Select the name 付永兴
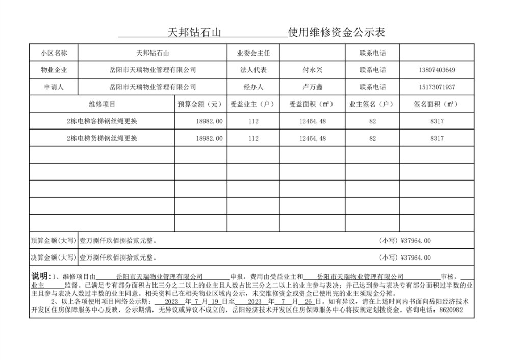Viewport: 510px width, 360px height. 312,70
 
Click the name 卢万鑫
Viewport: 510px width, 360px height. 312,87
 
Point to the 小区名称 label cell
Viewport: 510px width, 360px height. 54,53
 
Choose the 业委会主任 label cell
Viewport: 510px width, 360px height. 253,53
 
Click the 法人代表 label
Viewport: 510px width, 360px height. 253,70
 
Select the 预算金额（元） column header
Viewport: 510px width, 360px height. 200,105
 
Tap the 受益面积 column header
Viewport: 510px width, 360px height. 312,105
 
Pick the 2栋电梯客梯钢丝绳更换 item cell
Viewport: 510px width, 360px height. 102,121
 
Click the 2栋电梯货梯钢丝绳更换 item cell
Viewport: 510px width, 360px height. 102,138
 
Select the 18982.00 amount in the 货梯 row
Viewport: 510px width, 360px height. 210,138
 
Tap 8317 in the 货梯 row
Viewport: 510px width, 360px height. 437,138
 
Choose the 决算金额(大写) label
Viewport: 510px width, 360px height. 54,258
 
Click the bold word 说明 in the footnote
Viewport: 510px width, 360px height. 40,276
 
